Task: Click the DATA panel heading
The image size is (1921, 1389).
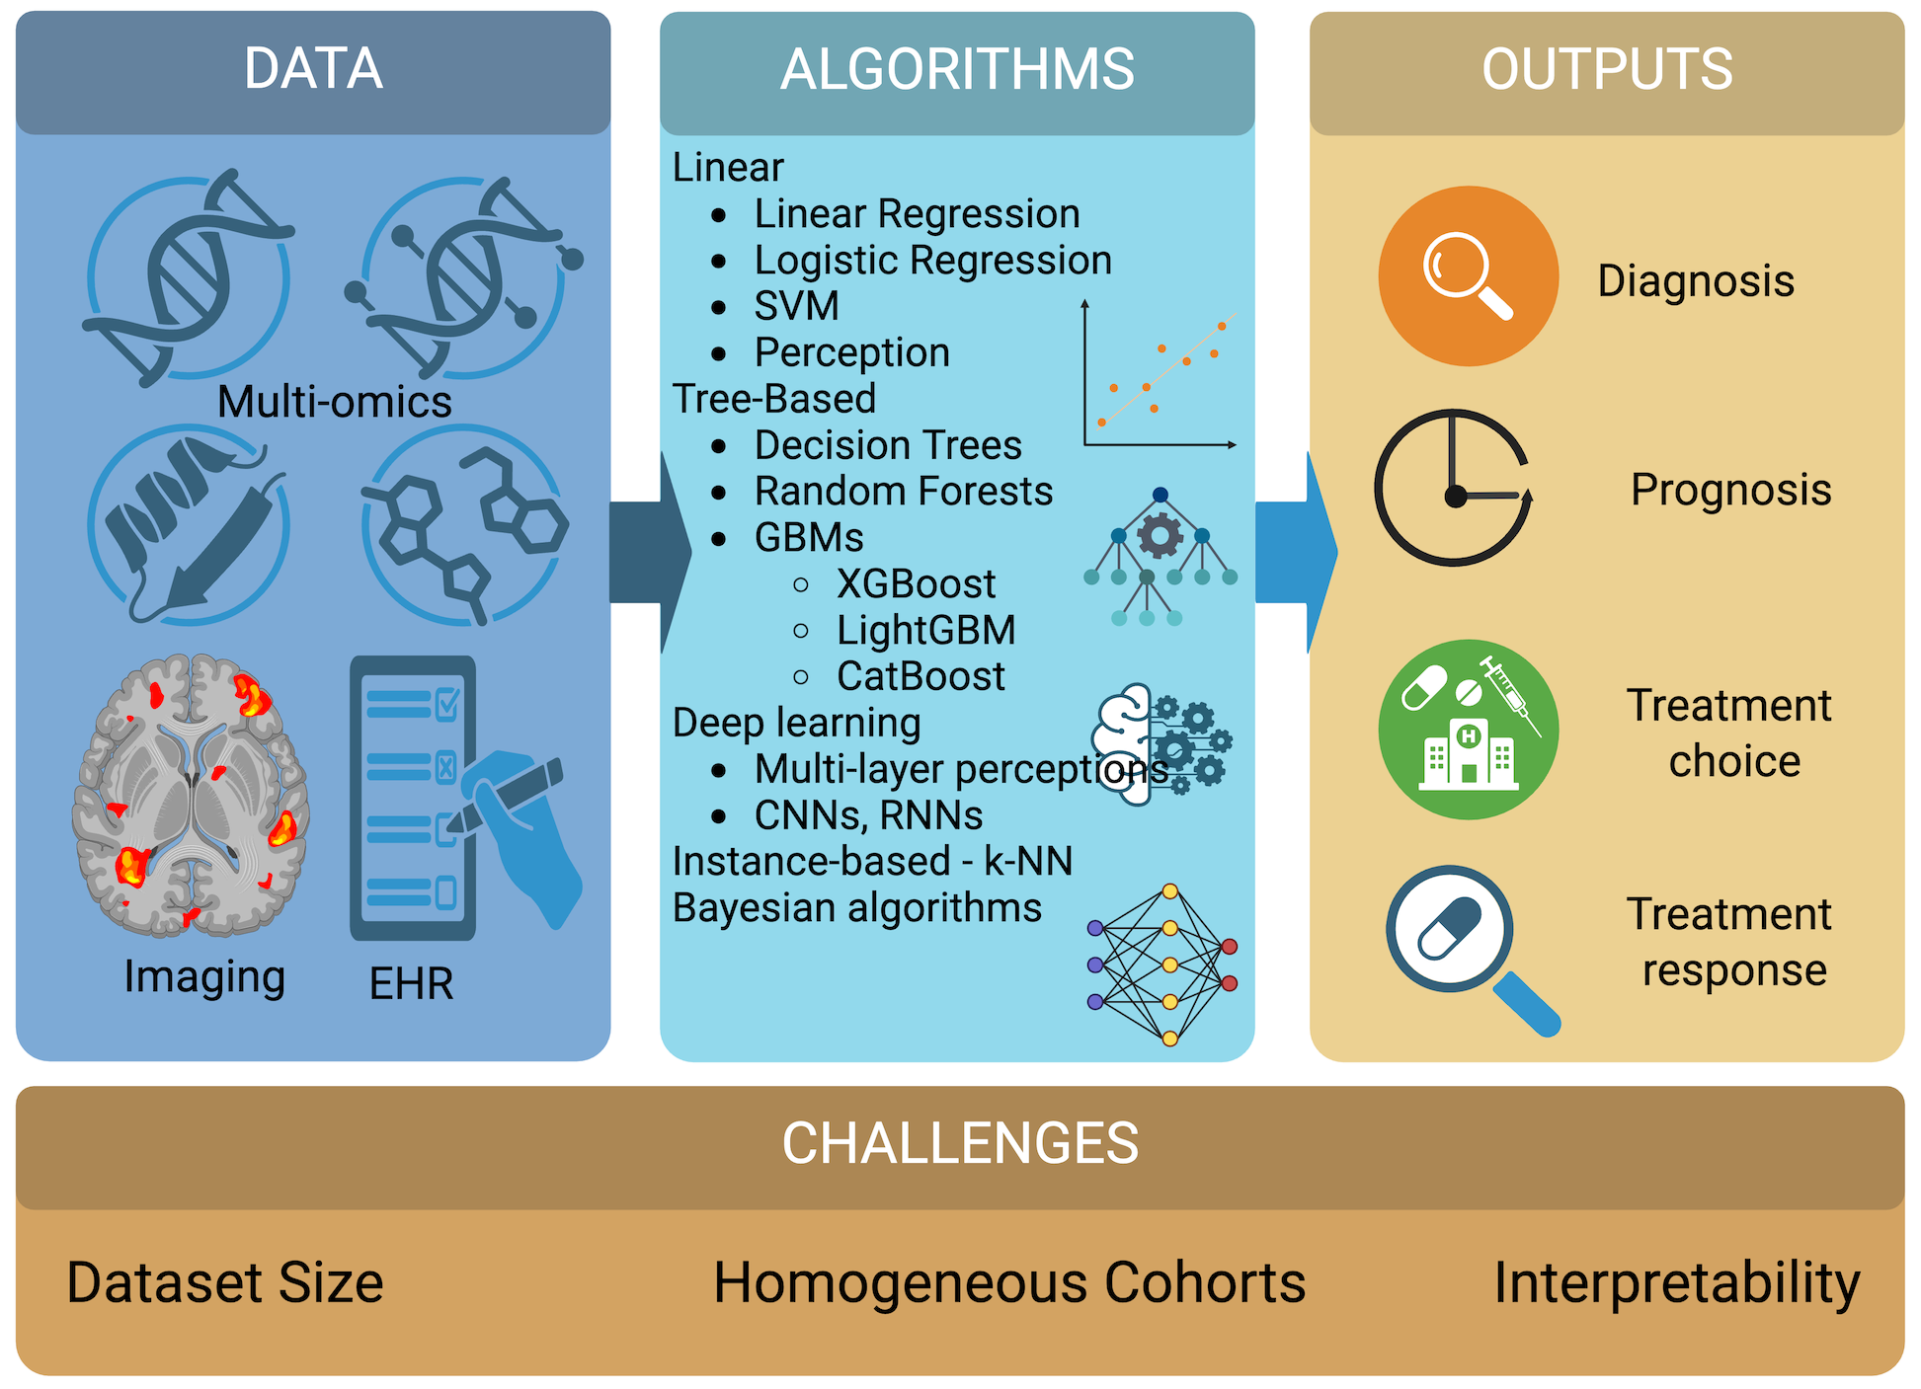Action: [313, 69]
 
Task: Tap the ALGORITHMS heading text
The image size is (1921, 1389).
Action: [957, 69]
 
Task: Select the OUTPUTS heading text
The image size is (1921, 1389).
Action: [1607, 69]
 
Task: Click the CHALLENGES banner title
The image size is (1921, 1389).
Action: [960, 1143]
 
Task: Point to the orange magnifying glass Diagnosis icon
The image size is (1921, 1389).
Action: [1469, 276]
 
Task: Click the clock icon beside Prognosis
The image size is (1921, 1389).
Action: [1453, 488]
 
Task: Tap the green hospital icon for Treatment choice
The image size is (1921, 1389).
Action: [1469, 730]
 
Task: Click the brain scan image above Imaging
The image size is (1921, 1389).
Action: [191, 795]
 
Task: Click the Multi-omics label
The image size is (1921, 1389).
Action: [334, 402]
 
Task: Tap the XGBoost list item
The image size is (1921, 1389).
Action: [916, 583]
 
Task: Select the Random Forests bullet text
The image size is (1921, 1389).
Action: [903, 491]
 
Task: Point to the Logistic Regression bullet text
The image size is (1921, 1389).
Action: [932, 260]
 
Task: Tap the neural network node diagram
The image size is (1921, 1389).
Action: [1162, 965]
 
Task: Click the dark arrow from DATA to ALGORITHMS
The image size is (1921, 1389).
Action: [647, 552]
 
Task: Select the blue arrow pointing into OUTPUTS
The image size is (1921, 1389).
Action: [1295, 552]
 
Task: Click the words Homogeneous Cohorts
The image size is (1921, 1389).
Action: [1009, 1282]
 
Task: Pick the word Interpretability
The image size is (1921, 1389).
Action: [1676, 1282]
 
